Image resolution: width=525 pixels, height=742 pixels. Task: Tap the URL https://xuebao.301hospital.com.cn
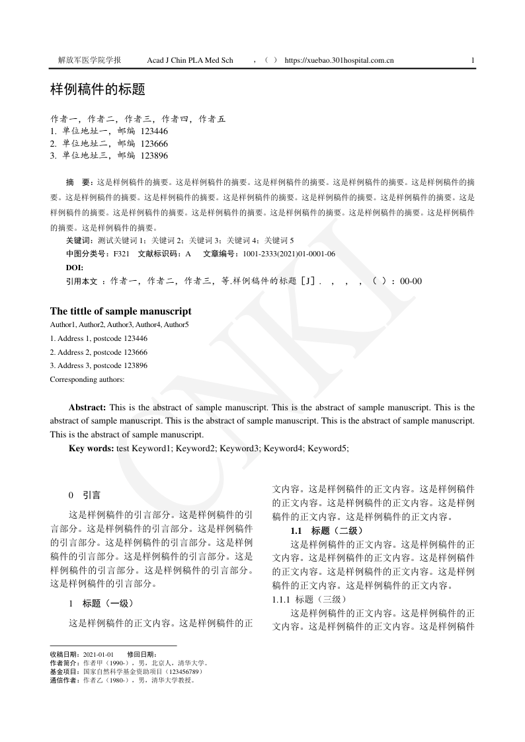(339, 60)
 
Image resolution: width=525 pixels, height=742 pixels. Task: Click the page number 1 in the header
(473, 60)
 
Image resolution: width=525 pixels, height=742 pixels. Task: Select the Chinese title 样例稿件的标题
(97, 89)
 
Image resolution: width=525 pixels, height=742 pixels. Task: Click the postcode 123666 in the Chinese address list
(154, 143)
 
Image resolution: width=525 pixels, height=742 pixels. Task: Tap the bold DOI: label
(75, 267)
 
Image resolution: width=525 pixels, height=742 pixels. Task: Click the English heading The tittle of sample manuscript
(121, 311)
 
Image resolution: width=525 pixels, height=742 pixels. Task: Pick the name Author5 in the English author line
(177, 324)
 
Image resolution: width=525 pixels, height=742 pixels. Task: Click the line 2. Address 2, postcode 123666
(99, 352)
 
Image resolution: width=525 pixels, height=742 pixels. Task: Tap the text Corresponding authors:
(87, 379)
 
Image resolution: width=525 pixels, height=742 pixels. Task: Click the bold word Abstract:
(87, 408)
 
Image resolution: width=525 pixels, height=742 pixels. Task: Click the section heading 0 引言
(85, 495)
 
